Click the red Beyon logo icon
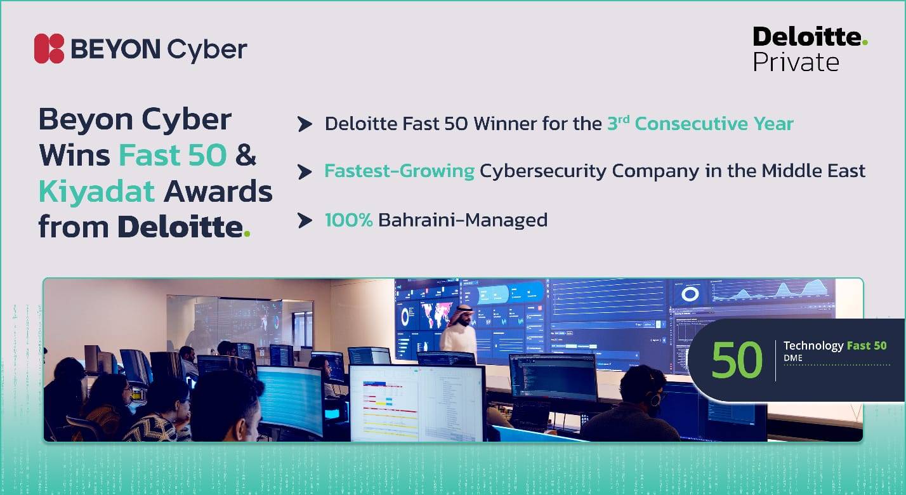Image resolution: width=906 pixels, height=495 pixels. click(49, 49)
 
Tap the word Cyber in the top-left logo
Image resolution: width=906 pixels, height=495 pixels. click(207, 49)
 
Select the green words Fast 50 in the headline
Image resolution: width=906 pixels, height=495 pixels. click(173, 155)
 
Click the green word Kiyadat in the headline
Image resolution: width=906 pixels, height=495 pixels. click(96, 191)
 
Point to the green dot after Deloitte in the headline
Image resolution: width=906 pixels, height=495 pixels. click(247, 234)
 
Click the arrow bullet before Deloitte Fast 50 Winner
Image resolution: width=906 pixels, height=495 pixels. click(305, 124)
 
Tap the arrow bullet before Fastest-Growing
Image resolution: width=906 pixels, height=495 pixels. click(305, 171)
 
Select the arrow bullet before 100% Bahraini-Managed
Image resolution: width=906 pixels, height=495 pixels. click(305, 220)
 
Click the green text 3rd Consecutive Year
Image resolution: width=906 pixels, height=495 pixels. click(700, 123)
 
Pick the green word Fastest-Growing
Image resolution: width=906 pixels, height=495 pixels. click(399, 171)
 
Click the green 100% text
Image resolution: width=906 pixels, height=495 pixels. click(348, 220)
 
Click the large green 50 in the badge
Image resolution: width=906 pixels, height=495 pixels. click(737, 360)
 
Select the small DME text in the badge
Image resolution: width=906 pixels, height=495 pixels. click(792, 359)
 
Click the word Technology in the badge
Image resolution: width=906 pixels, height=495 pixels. click(813, 346)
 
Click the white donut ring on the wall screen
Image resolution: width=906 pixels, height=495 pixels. click(690, 294)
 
